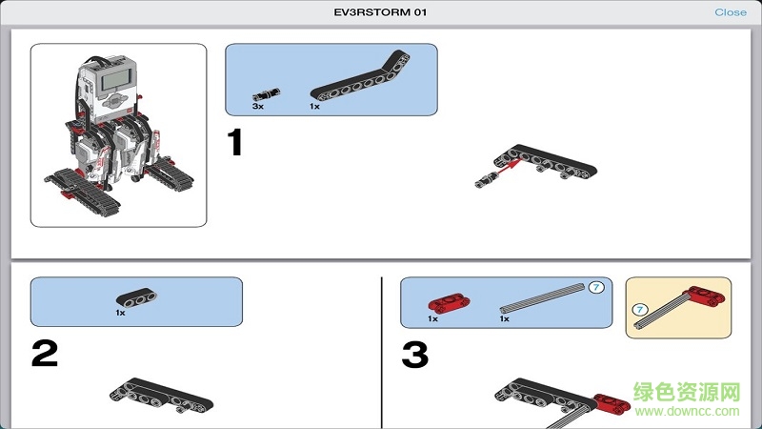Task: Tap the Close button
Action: pos(730,12)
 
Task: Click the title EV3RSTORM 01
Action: pos(380,12)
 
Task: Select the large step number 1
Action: pos(235,142)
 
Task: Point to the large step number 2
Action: pos(45,353)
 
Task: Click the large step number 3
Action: pos(415,354)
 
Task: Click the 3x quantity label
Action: pos(257,106)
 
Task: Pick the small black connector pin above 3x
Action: pos(267,93)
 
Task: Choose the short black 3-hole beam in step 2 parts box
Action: pos(136,296)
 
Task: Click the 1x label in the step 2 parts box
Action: pos(121,313)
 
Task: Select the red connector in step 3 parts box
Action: pos(449,302)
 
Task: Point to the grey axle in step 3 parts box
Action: pos(542,297)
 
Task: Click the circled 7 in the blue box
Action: pos(596,288)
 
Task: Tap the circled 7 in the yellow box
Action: pos(640,310)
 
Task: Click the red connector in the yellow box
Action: pos(704,296)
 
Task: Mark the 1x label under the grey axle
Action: pos(505,318)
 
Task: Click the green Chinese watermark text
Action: pos(687,392)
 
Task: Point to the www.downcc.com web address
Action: pos(687,411)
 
